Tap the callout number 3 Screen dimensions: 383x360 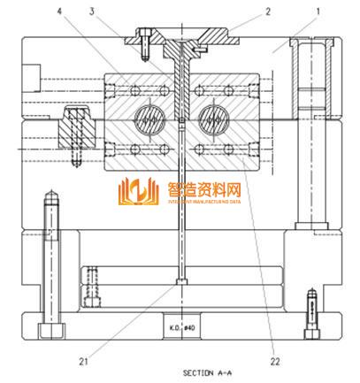tap(92, 11)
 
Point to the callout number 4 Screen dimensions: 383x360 tap(59, 11)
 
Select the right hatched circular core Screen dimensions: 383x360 tap(215, 119)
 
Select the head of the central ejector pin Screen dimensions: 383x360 tap(180, 282)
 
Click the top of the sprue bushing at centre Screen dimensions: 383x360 tap(180, 41)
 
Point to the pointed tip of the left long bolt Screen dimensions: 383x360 tap(52, 191)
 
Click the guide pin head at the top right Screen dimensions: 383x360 tap(312, 44)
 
